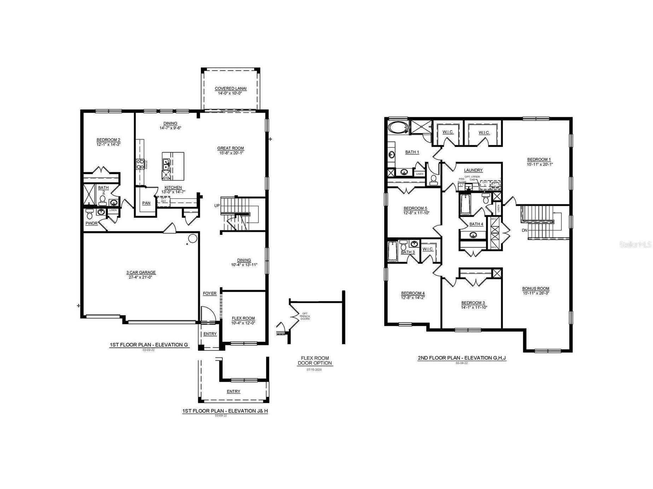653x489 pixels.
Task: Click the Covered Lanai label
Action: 231,89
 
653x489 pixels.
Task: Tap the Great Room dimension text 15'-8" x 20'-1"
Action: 231,153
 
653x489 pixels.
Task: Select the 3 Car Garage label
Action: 141,273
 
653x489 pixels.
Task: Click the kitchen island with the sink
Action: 173,166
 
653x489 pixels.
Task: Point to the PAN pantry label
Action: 146,203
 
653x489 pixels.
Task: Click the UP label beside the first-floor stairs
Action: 217,205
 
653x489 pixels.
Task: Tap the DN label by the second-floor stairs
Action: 525,230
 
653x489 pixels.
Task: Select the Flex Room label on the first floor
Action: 243,318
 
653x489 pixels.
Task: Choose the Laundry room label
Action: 473,170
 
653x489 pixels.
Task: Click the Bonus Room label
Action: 536,288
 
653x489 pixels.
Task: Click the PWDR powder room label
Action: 91,223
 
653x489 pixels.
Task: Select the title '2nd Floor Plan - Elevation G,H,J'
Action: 462,358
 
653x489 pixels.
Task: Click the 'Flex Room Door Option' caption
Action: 315,360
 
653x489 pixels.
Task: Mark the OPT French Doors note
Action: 305,316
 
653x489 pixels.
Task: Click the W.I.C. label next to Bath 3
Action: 428,249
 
